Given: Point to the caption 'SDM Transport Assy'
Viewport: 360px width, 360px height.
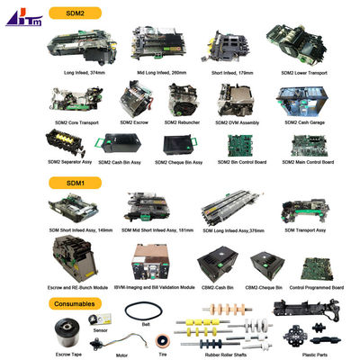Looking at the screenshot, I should pyautogui.click(x=305, y=229).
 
